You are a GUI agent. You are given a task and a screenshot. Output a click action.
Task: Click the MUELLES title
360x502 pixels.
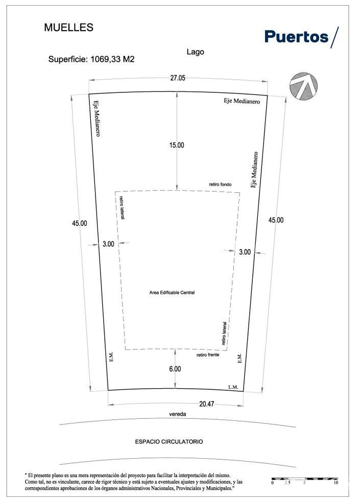click(68, 28)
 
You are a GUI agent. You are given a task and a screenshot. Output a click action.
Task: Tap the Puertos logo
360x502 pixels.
click(301, 37)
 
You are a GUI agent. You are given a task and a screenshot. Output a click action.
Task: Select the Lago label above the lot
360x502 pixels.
click(195, 52)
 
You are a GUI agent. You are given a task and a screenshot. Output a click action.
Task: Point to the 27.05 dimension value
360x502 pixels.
click(178, 78)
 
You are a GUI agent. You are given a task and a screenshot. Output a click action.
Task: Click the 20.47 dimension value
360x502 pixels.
click(206, 404)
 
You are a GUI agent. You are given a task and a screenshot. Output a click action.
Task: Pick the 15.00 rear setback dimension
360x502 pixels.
click(177, 145)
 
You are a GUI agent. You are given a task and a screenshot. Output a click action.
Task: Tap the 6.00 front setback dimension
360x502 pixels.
click(175, 369)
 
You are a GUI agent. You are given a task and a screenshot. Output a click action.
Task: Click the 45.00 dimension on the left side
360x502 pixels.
click(79, 223)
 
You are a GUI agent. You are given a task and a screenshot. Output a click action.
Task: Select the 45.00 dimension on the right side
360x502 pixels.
click(276, 220)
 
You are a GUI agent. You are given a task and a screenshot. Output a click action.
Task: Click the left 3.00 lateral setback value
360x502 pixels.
click(108, 244)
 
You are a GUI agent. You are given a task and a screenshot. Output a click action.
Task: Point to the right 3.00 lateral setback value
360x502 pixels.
click(245, 252)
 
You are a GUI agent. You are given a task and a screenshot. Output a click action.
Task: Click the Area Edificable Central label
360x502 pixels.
click(172, 292)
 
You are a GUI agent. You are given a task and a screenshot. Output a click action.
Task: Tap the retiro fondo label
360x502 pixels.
click(220, 184)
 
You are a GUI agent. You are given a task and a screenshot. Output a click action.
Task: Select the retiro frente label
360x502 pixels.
click(208, 355)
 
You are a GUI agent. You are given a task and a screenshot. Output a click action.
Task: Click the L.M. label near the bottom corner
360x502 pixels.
click(233, 387)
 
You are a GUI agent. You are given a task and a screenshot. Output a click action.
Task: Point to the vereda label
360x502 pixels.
click(178, 414)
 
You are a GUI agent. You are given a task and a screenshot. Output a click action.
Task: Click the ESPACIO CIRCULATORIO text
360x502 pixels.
click(169, 441)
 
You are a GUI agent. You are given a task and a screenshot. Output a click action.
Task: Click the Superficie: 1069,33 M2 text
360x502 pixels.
click(91, 59)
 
